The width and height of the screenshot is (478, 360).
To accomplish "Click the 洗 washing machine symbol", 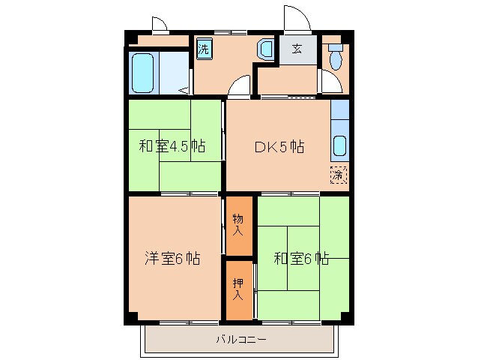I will point(204,49).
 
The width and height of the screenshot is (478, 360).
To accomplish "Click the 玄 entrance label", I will point(297,49).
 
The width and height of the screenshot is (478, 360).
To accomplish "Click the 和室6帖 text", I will point(301,259).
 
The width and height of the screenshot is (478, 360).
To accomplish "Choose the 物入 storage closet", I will point(238,226).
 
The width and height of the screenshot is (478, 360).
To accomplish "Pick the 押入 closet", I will point(238,289).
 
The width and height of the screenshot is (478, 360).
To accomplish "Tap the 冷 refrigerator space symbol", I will point(339,175).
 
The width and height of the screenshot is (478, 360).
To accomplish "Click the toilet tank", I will point(335,47).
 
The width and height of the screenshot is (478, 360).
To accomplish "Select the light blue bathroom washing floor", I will point(175,72).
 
